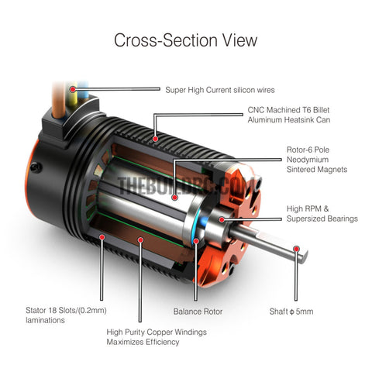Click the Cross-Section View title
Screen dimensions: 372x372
point(185,40)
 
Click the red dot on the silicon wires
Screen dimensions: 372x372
point(73,89)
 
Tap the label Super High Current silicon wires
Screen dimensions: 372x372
point(220,90)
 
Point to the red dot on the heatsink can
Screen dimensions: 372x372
point(155,139)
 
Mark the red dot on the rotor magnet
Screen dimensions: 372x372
point(174,198)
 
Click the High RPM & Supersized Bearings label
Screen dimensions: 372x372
point(322,213)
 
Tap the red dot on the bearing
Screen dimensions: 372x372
point(222,219)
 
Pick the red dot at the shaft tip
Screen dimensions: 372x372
point(296,249)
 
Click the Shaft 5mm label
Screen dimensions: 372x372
point(291,312)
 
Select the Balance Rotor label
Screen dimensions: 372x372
point(198,312)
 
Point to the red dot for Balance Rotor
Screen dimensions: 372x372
point(196,241)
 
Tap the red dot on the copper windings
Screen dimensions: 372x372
point(140,240)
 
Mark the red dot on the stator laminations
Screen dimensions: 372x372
point(102,237)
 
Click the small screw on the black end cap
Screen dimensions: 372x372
point(36,167)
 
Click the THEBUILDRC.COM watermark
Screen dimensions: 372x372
point(186,185)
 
